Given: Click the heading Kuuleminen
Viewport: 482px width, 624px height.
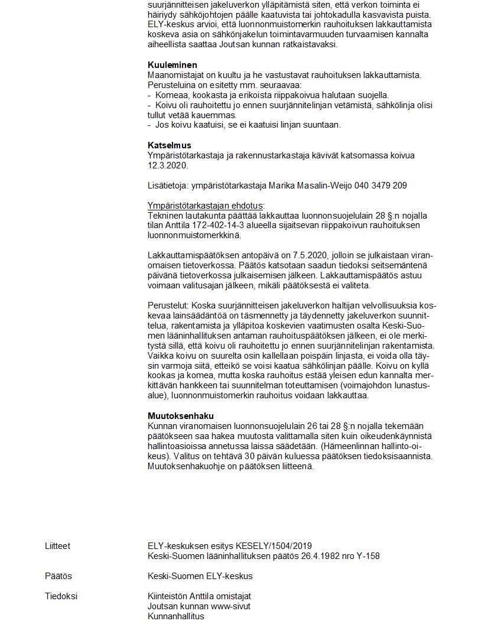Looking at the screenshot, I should click(172, 65).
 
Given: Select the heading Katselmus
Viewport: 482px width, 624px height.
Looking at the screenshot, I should click(169, 145).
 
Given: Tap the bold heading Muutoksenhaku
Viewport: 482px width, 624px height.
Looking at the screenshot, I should click(181, 416).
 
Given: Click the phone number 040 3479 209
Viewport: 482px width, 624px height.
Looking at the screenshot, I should click(381, 186).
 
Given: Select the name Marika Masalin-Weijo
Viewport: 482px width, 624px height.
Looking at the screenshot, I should click(311, 186).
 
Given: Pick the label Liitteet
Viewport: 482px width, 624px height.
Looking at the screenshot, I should click(57, 546).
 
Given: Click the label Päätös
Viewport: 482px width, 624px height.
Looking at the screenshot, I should click(58, 576).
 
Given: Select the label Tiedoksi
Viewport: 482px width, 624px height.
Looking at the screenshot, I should click(61, 596).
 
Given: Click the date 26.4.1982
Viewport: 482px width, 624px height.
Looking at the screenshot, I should click(324, 556).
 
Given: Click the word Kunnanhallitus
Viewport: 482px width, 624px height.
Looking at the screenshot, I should click(176, 616).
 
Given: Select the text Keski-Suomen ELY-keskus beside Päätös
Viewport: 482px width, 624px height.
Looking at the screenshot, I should click(200, 576).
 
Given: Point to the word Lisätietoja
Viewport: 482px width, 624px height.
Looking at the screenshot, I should click(168, 186).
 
